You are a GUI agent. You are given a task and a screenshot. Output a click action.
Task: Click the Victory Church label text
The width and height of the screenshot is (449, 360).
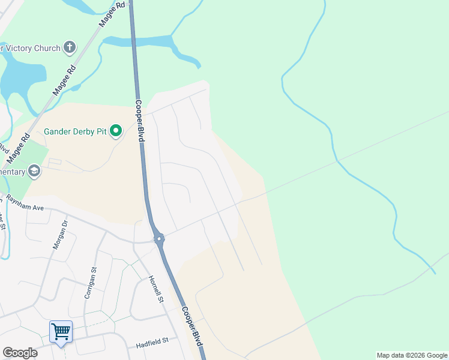click(30, 48)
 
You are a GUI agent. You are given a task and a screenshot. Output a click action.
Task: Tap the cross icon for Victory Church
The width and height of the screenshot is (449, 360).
click(70, 47)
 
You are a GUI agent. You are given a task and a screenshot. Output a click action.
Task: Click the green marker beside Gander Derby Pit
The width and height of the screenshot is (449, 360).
click(116, 130)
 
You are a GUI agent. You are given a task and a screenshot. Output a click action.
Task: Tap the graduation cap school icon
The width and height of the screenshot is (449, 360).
click(35, 172)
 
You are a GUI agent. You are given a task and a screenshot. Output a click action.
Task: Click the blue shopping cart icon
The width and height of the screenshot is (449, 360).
click(61, 331)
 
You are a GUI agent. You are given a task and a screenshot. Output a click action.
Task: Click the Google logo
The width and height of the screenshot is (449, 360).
click(20, 353)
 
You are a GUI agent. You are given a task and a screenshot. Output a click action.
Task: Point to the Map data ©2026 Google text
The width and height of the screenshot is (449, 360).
click(412, 355)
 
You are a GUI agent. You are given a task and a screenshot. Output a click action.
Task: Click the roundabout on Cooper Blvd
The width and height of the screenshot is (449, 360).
click(159, 239)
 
